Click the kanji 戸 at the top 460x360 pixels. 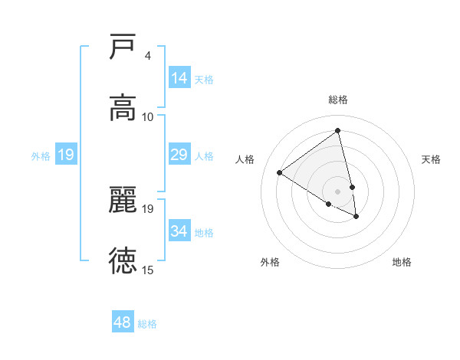(123, 47)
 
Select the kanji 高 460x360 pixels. (123, 107)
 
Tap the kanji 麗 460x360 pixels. (123, 198)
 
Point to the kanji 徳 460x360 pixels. (123, 260)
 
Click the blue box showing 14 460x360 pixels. (179, 78)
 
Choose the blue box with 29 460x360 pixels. (179, 155)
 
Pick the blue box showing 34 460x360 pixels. (179, 231)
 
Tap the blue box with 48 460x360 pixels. (122, 322)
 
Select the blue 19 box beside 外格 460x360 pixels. (65, 155)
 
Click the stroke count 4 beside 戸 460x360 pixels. (147, 56)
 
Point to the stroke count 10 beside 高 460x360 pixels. (148, 116)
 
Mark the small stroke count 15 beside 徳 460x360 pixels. (148, 270)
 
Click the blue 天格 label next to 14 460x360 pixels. (204, 79)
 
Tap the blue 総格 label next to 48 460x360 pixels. (147, 324)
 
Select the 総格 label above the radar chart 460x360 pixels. (337, 100)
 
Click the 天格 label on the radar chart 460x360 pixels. (431, 159)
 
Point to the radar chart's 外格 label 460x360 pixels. (270, 262)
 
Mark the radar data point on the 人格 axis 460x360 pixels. (279, 172)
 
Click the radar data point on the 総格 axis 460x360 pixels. (337, 131)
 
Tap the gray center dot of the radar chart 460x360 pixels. (337, 191)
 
